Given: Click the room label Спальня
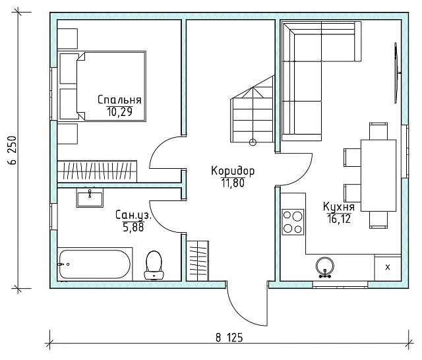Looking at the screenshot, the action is tap(119, 100).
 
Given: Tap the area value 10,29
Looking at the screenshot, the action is tap(120, 111).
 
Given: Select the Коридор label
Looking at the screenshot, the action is tap(233, 171).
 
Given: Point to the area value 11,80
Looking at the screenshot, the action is tap(233, 183).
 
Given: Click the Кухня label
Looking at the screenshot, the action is tap(339, 206).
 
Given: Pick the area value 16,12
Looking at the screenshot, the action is tap(339, 219).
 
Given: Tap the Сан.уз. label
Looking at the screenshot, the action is tap(133, 215).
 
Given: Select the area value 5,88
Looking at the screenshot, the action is tap(133, 227).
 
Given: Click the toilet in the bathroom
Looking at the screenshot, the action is tap(154, 265).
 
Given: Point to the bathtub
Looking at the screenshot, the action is tap(95, 264).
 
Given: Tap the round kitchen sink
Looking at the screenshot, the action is tap(325, 266).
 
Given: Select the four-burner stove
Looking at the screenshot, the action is tap(293, 222).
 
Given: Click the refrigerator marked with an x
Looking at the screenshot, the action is tap(388, 268).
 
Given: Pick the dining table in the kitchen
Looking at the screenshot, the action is tap(378, 175).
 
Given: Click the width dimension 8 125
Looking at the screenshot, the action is tap(229, 337).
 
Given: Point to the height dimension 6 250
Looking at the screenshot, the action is tap(13, 150).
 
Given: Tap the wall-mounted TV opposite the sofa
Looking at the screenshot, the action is tap(396, 73).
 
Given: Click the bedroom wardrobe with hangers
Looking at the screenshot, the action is tap(97, 171).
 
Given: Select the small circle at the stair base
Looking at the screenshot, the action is tap(253, 142).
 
